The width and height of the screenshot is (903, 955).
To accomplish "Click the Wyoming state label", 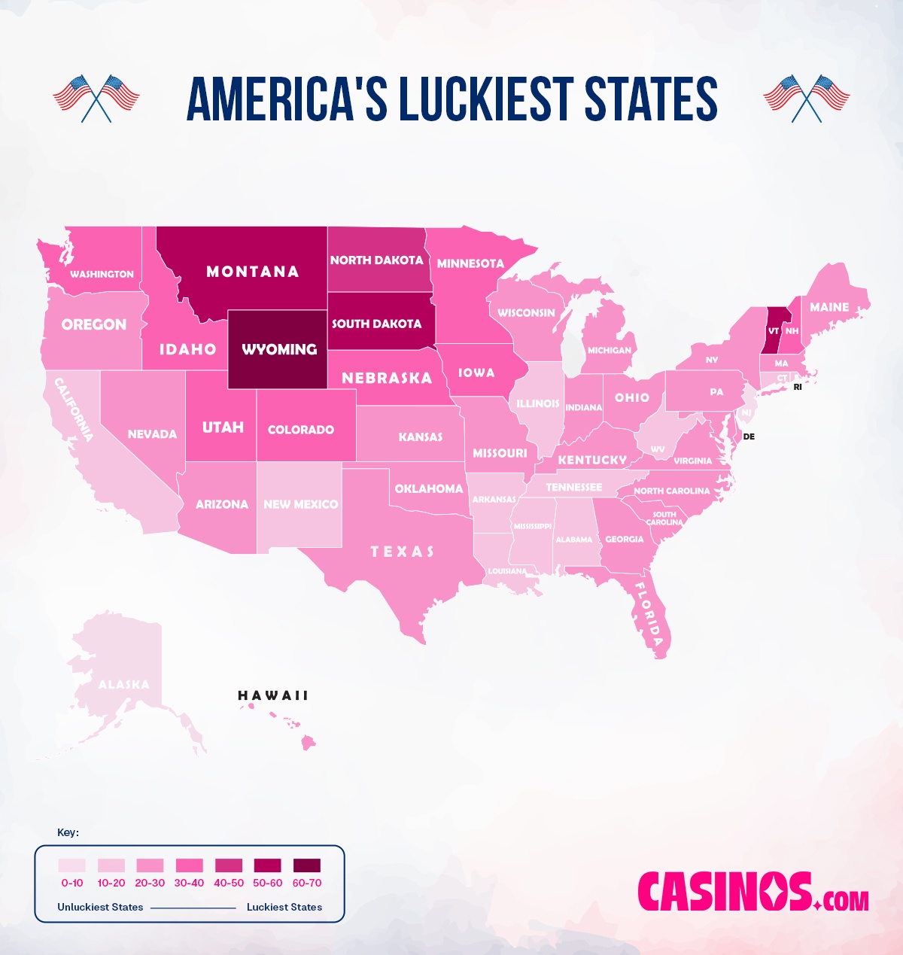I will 279,349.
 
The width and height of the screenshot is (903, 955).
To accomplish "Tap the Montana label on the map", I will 253,272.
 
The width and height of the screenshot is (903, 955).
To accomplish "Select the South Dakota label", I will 376,324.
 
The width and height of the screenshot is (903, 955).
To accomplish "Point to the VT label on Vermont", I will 774,331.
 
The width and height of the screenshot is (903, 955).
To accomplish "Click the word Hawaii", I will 273,695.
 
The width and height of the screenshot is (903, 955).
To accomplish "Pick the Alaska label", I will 124,684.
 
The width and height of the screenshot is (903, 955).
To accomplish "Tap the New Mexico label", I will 300,504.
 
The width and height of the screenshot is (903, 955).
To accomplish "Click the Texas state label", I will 403,552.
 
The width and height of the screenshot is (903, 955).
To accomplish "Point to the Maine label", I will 829,307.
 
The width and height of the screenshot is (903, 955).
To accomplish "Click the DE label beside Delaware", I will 749,436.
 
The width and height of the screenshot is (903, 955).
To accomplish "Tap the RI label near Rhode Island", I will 798,387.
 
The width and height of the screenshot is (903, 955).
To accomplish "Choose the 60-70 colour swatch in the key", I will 306,865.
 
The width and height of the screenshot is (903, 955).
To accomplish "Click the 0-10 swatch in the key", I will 72,865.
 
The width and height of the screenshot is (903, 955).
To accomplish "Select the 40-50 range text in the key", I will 229,883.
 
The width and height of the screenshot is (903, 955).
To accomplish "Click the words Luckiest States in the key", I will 284,907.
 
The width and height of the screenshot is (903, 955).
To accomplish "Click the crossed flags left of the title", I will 96,98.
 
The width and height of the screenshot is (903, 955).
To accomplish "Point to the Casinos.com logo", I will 752,893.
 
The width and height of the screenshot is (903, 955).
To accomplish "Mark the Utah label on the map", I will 223,427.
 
